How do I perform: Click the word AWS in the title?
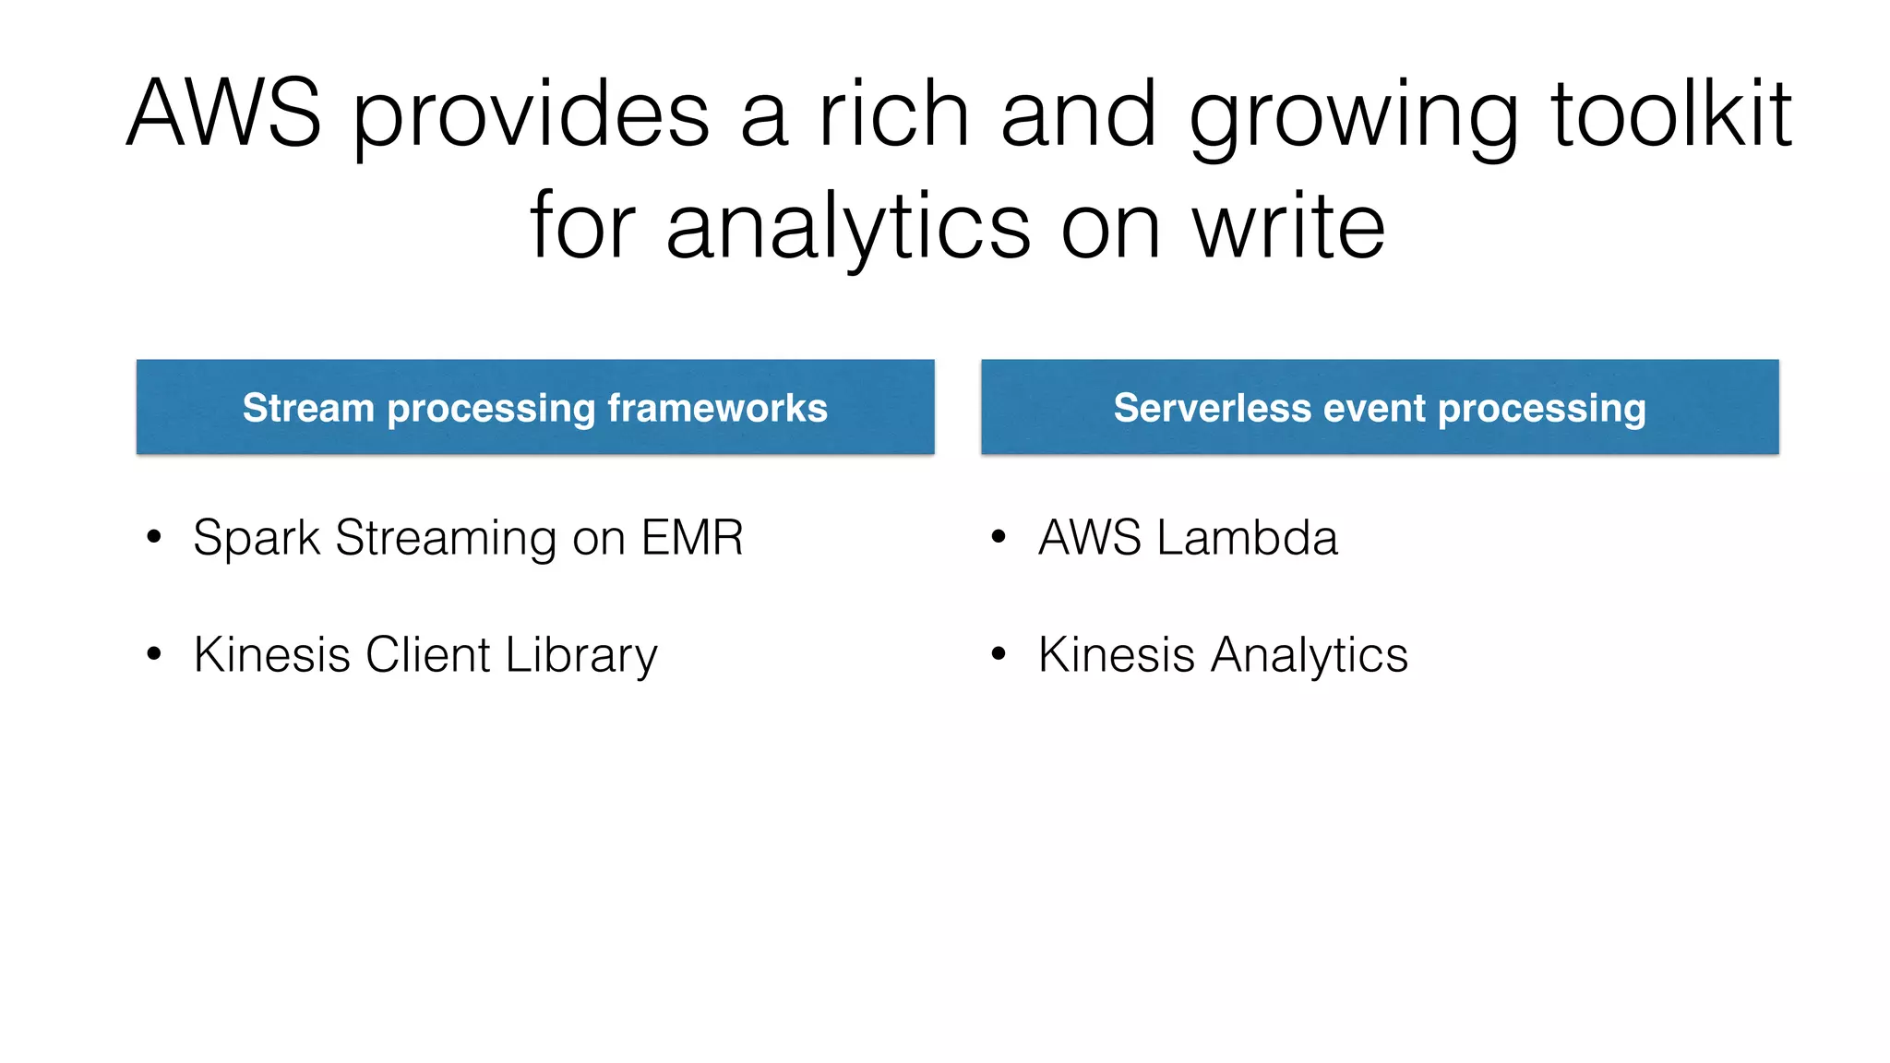click(x=223, y=113)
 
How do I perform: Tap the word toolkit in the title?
click(x=1671, y=113)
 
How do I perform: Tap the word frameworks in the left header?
click(x=717, y=408)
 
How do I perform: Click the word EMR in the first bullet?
click(x=692, y=538)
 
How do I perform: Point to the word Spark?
click(x=256, y=538)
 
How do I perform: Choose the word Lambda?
click(x=1247, y=538)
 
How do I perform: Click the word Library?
click(x=581, y=655)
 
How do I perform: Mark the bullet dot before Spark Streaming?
click(x=154, y=537)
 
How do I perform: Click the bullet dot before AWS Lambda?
click(x=998, y=537)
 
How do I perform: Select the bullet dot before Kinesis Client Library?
click(x=154, y=654)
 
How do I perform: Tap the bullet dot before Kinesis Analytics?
click(x=998, y=654)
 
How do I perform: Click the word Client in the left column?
click(x=427, y=655)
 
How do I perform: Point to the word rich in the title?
click(x=893, y=113)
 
